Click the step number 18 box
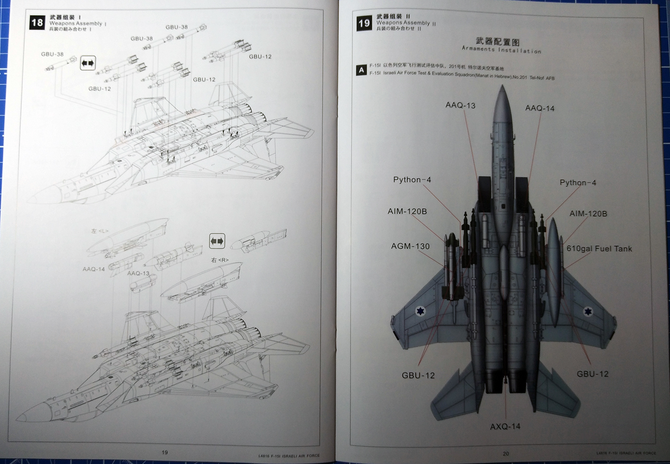[x=37, y=23]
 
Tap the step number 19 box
[x=364, y=23]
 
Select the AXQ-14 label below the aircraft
[x=505, y=426]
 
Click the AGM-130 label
[x=410, y=246]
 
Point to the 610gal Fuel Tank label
[x=599, y=248]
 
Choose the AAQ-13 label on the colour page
[x=460, y=105]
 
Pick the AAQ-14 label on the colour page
[x=540, y=108]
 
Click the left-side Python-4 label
[x=412, y=180]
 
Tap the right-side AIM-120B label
[x=588, y=214]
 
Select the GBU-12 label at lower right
[x=593, y=374]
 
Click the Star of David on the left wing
[x=420, y=311]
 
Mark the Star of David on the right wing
[x=588, y=312]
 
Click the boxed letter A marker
[x=361, y=70]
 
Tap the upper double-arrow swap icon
[x=88, y=63]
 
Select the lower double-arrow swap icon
[x=217, y=241]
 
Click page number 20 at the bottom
[x=506, y=453]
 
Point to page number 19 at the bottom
[x=165, y=452]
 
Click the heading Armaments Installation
[x=501, y=50]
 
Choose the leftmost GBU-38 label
[x=52, y=54]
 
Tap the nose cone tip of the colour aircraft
[x=502, y=87]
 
